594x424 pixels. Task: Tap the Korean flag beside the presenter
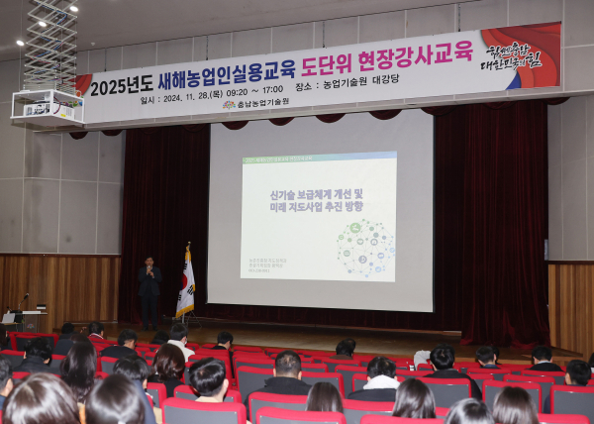(185, 286)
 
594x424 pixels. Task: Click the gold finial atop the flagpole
(188, 245)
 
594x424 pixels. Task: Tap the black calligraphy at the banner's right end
(512, 54)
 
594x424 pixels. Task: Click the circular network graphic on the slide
(364, 249)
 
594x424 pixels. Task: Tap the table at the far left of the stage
(26, 319)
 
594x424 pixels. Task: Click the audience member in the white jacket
(179, 343)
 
